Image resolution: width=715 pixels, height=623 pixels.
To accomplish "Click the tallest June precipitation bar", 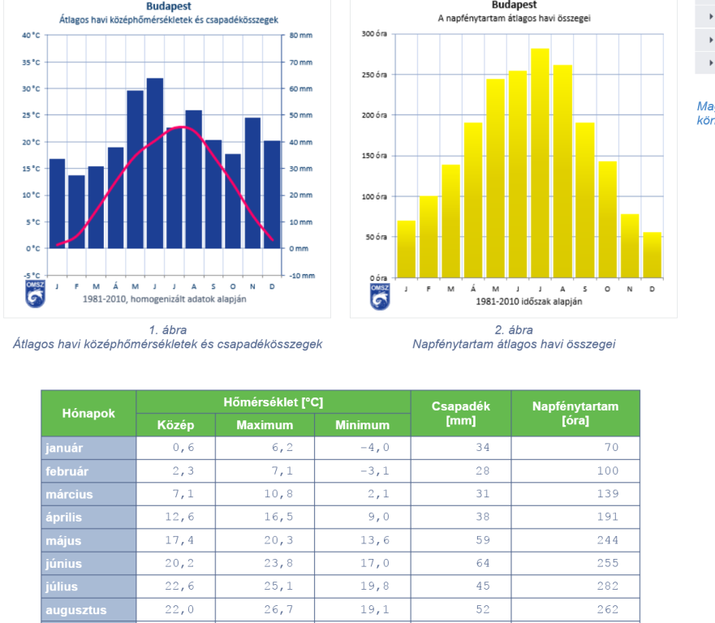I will [x=154, y=162].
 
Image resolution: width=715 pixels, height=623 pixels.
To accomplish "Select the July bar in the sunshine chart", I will [x=540, y=162].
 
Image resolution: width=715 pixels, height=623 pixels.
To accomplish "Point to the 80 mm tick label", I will [x=299, y=37].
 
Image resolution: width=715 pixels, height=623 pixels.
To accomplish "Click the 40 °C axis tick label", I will [x=31, y=37].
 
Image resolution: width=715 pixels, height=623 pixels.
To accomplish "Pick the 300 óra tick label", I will [x=374, y=34].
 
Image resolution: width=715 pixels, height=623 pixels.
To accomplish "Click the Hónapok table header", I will [x=88, y=413].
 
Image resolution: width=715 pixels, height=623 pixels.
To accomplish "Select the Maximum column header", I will [x=265, y=424].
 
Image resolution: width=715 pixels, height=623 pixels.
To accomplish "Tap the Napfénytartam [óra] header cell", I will [x=575, y=413].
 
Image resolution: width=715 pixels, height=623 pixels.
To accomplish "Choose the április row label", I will [x=64, y=517].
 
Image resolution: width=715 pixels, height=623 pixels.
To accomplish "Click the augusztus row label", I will [x=76, y=609].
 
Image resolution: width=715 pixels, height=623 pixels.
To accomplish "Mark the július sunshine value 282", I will [x=606, y=586].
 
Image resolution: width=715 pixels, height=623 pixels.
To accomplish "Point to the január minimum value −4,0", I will [x=375, y=447].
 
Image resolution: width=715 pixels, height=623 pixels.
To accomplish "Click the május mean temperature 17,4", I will [x=180, y=540].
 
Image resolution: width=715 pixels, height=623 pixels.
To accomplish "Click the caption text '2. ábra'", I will [x=513, y=330].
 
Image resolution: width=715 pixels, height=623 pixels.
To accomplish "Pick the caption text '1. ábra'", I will [x=167, y=330].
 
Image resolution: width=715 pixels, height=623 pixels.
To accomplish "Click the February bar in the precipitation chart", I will [x=76, y=211].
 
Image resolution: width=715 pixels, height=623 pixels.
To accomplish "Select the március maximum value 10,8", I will [x=276, y=493].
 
